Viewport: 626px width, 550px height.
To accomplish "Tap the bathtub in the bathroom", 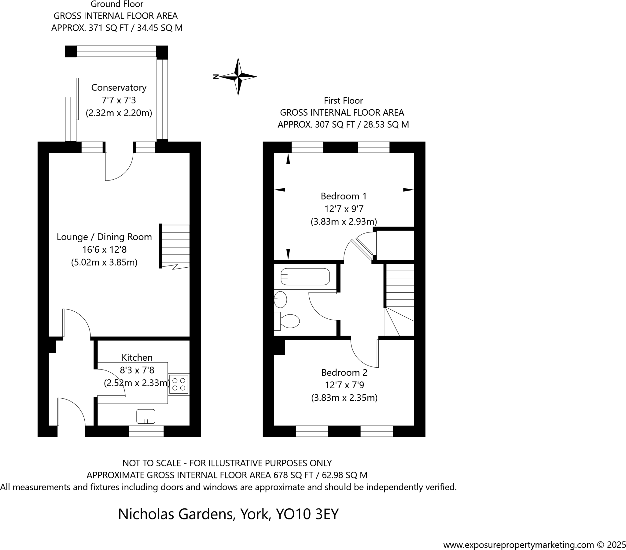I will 305,277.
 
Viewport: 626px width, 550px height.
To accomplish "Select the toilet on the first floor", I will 288,321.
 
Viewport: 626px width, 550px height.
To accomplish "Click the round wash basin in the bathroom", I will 281,299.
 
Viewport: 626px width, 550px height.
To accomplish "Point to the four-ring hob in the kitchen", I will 179,384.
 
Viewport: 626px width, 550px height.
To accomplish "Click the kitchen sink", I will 146,417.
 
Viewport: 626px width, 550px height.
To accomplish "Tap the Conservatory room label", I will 119,88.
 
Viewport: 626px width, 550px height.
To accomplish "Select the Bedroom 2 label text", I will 344,373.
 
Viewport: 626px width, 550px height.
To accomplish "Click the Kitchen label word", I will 137,358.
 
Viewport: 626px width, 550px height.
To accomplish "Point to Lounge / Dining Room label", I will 104,237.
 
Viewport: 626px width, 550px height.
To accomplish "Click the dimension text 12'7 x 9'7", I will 344,209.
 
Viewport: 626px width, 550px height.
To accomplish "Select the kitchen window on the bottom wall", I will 146,431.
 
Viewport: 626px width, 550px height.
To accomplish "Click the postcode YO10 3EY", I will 307,514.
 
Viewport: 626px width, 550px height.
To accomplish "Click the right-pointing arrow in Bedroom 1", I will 408,190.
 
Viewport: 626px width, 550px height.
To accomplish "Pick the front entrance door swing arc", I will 72,411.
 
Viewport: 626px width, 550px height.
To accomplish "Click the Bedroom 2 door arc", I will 364,354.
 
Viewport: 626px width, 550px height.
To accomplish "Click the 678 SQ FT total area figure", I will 293,475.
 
